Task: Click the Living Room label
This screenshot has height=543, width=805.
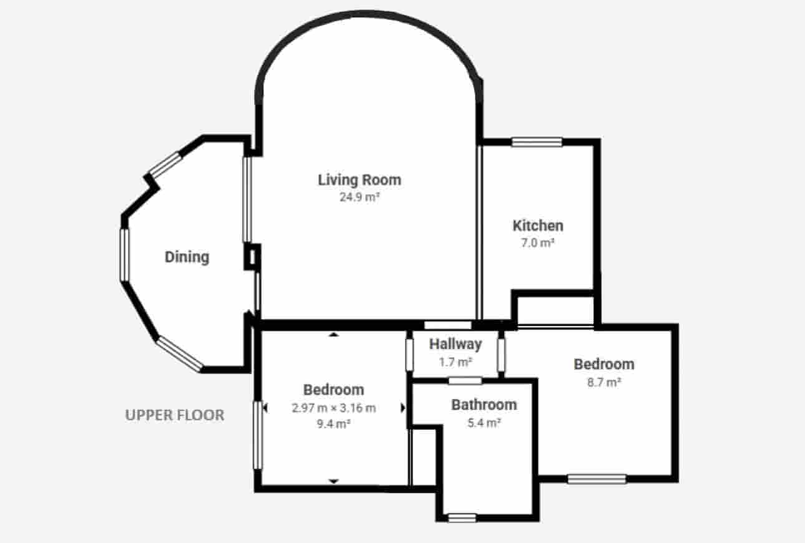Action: click(359, 180)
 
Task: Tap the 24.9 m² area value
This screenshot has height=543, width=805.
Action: click(359, 197)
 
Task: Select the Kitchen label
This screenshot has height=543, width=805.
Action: click(538, 226)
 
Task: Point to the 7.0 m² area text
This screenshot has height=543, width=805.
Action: click(538, 243)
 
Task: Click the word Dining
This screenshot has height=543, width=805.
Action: click(187, 257)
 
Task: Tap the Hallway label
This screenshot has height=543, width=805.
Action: click(456, 344)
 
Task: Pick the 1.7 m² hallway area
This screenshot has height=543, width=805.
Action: click(456, 362)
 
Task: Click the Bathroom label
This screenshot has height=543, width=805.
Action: click(484, 405)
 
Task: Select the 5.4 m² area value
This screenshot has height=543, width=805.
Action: click(484, 423)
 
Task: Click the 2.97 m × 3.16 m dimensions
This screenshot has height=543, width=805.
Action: click(334, 408)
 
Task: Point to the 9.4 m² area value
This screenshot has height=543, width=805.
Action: click(333, 424)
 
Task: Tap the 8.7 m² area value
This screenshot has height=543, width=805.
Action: click(604, 382)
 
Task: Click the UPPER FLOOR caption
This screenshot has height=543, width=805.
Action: click(175, 415)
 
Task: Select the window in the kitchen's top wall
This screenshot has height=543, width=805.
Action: click(537, 142)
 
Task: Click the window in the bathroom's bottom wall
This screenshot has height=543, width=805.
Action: click(462, 518)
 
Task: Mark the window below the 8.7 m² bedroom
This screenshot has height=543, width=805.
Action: click(597, 479)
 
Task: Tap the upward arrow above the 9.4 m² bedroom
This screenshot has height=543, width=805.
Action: click(334, 335)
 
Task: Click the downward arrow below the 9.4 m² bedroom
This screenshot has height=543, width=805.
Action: click(334, 481)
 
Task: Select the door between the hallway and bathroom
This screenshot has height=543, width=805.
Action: click(465, 381)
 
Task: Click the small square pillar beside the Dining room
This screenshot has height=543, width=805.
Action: click(252, 257)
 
